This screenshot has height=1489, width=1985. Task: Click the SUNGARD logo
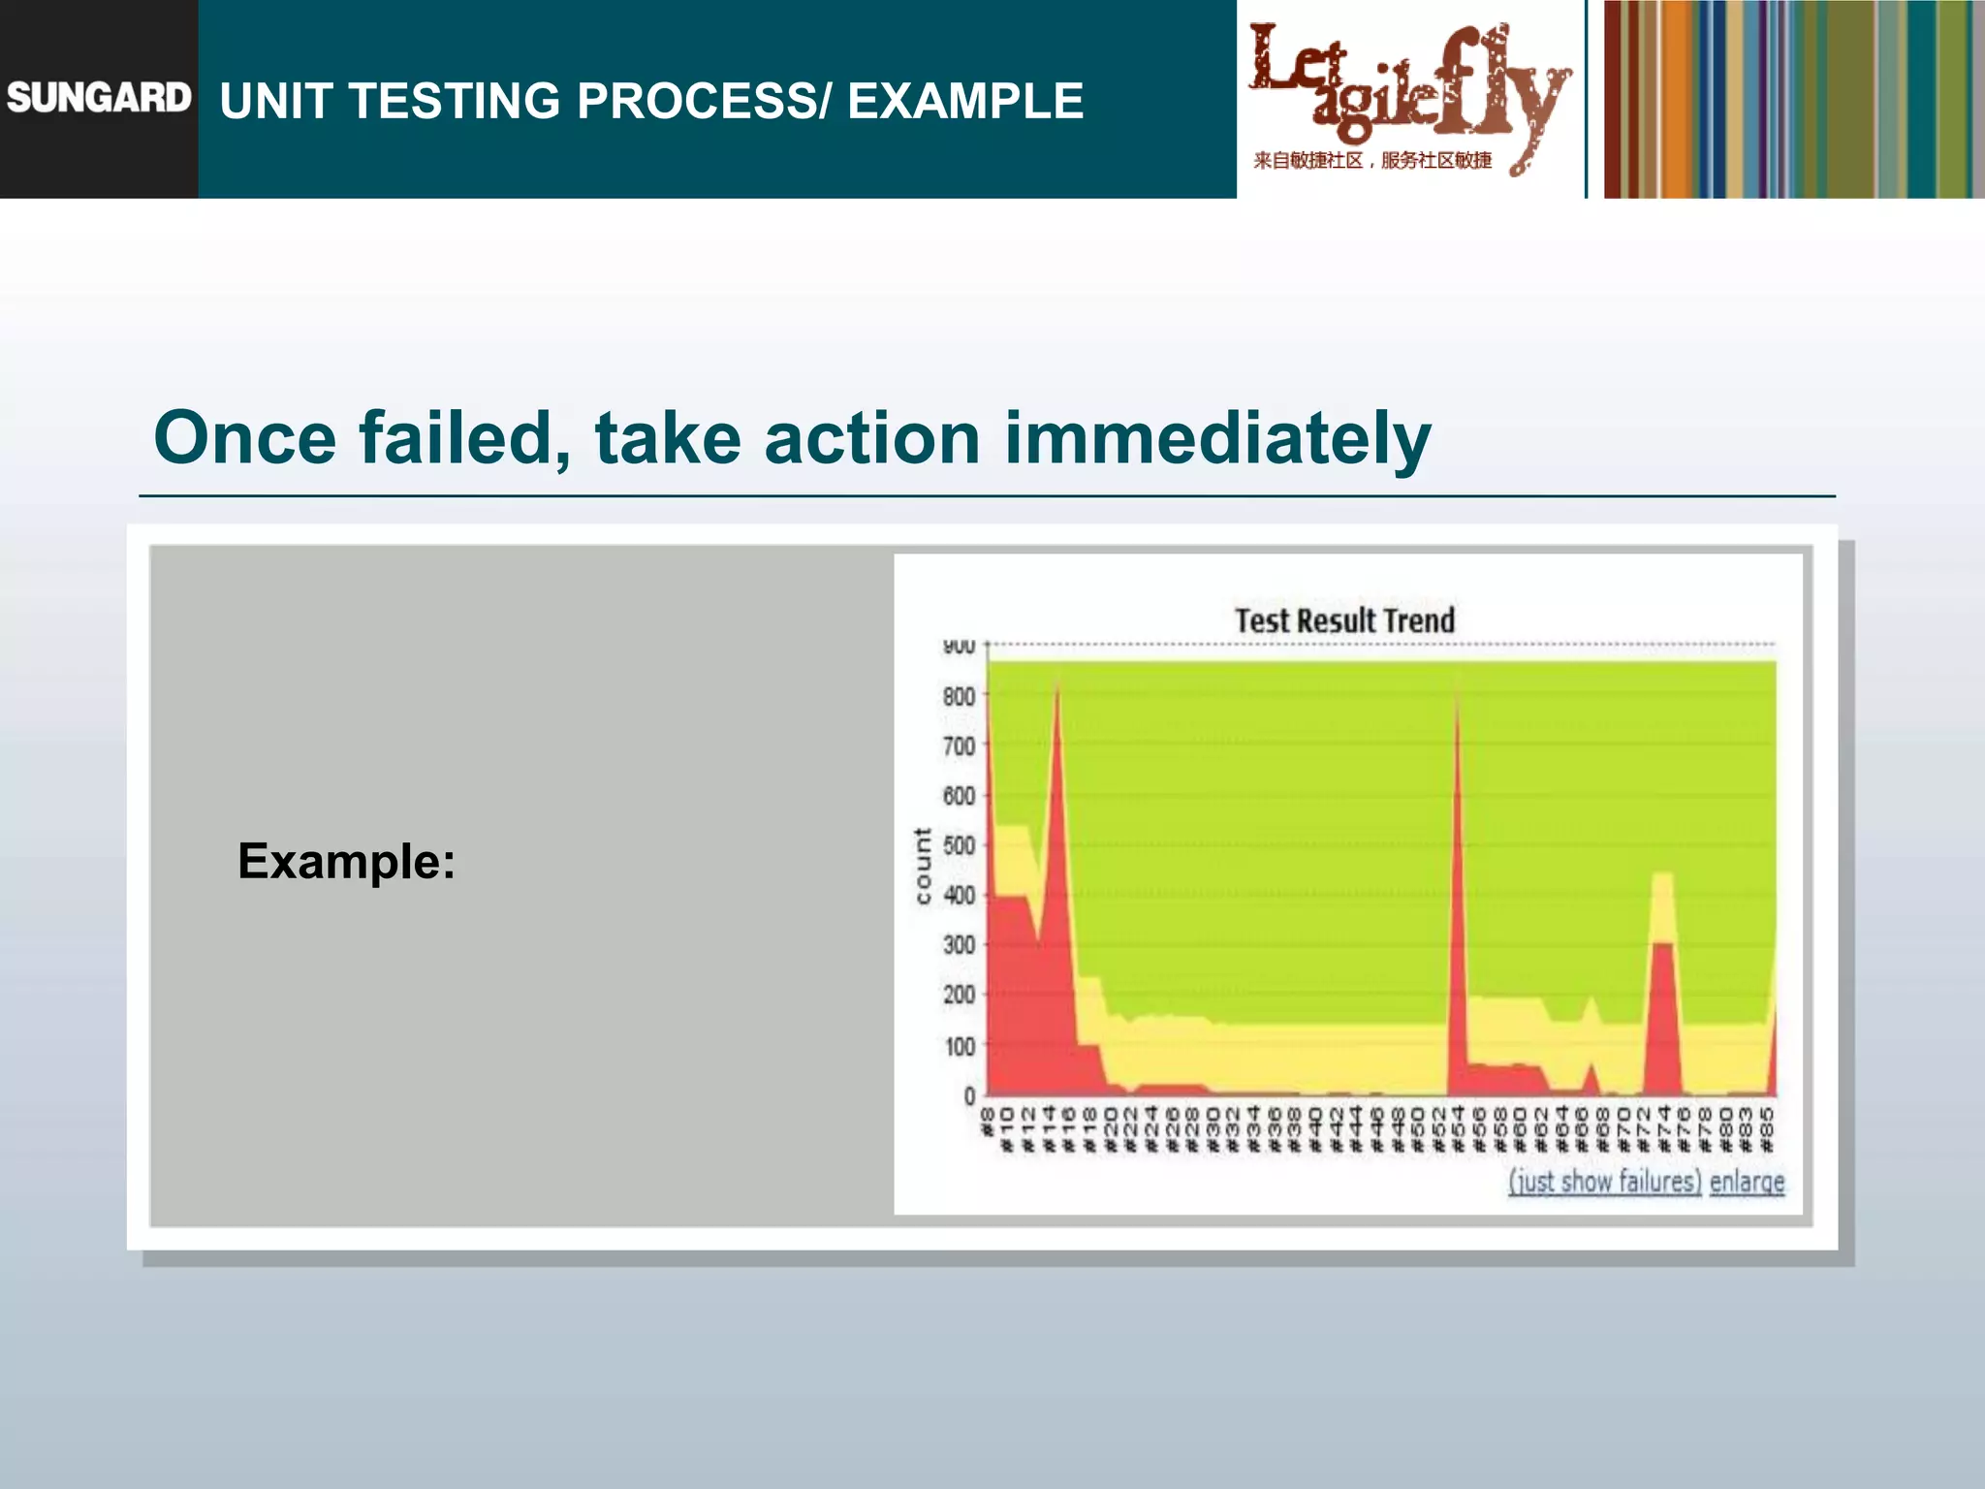(99, 98)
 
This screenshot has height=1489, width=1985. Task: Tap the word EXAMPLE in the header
(965, 101)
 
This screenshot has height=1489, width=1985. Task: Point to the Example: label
(346, 861)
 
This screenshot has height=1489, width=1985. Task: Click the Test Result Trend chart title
(1344, 620)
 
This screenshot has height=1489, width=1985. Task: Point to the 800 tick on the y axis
(959, 696)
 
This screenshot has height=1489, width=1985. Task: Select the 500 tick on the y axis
(959, 845)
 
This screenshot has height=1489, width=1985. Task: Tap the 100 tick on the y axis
(959, 1046)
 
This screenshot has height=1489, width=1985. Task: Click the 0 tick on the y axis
(969, 1095)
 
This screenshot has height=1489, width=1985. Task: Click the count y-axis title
(922, 866)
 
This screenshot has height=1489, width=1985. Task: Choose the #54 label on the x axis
(1458, 1128)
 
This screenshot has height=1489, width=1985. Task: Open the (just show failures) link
(1604, 1182)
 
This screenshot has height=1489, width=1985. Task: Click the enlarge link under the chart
(1747, 1182)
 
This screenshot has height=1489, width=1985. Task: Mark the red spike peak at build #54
(1457, 690)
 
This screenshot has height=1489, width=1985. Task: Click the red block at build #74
(1663, 1018)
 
